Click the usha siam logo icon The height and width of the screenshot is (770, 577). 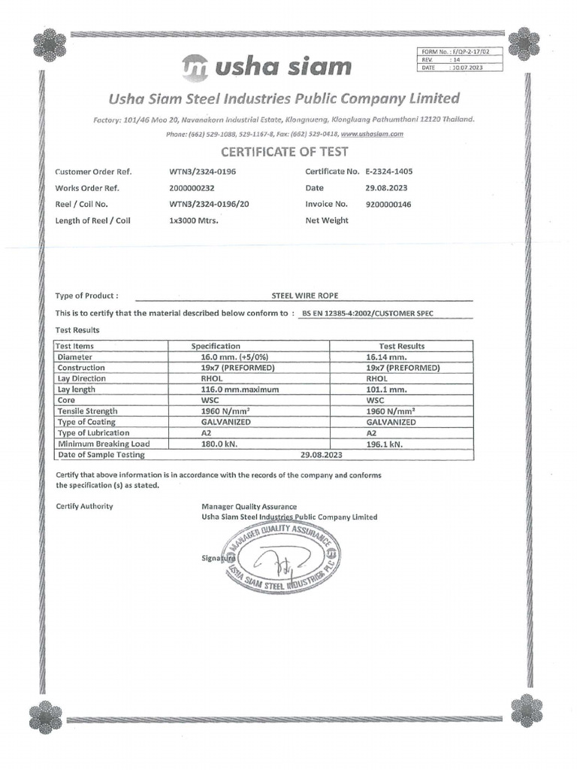[x=195, y=67]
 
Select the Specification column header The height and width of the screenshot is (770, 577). [x=216, y=346]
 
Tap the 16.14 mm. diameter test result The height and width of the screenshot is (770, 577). [x=386, y=357]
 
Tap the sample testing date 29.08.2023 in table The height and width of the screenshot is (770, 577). [x=321, y=455]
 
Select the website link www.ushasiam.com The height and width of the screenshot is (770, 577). [x=373, y=134]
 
